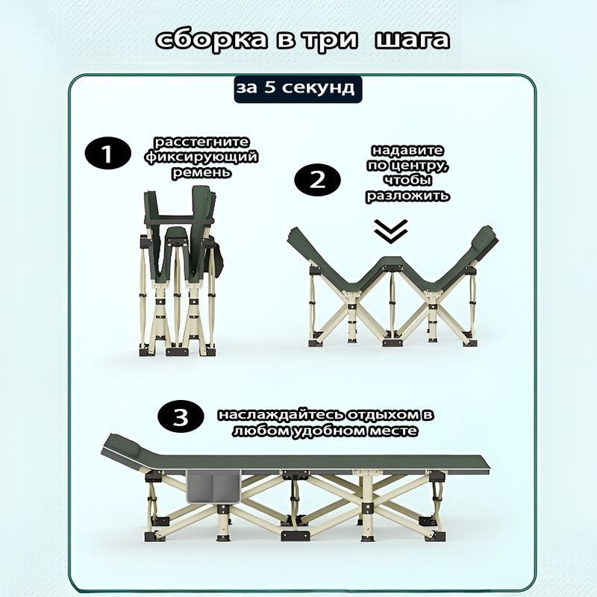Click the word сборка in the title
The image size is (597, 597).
[212, 40]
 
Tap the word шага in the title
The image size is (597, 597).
[412, 40]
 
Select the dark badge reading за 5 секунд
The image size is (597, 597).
[298, 89]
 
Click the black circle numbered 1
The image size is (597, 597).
[107, 153]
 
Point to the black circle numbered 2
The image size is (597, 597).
[318, 180]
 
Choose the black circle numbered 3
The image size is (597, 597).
[181, 416]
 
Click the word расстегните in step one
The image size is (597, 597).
[201, 143]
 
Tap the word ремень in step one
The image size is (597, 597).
[201, 173]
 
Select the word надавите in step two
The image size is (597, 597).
[407, 150]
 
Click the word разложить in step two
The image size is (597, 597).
[407, 196]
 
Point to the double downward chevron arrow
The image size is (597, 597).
[390, 231]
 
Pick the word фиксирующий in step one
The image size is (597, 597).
[201, 157]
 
